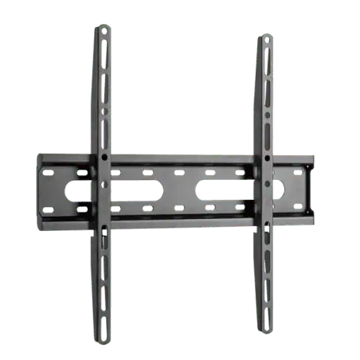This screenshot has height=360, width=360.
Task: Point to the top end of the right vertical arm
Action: click(x=266, y=37)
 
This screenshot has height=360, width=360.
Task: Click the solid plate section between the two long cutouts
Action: click(x=182, y=190)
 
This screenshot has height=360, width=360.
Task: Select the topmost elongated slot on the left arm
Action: click(x=103, y=47)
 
